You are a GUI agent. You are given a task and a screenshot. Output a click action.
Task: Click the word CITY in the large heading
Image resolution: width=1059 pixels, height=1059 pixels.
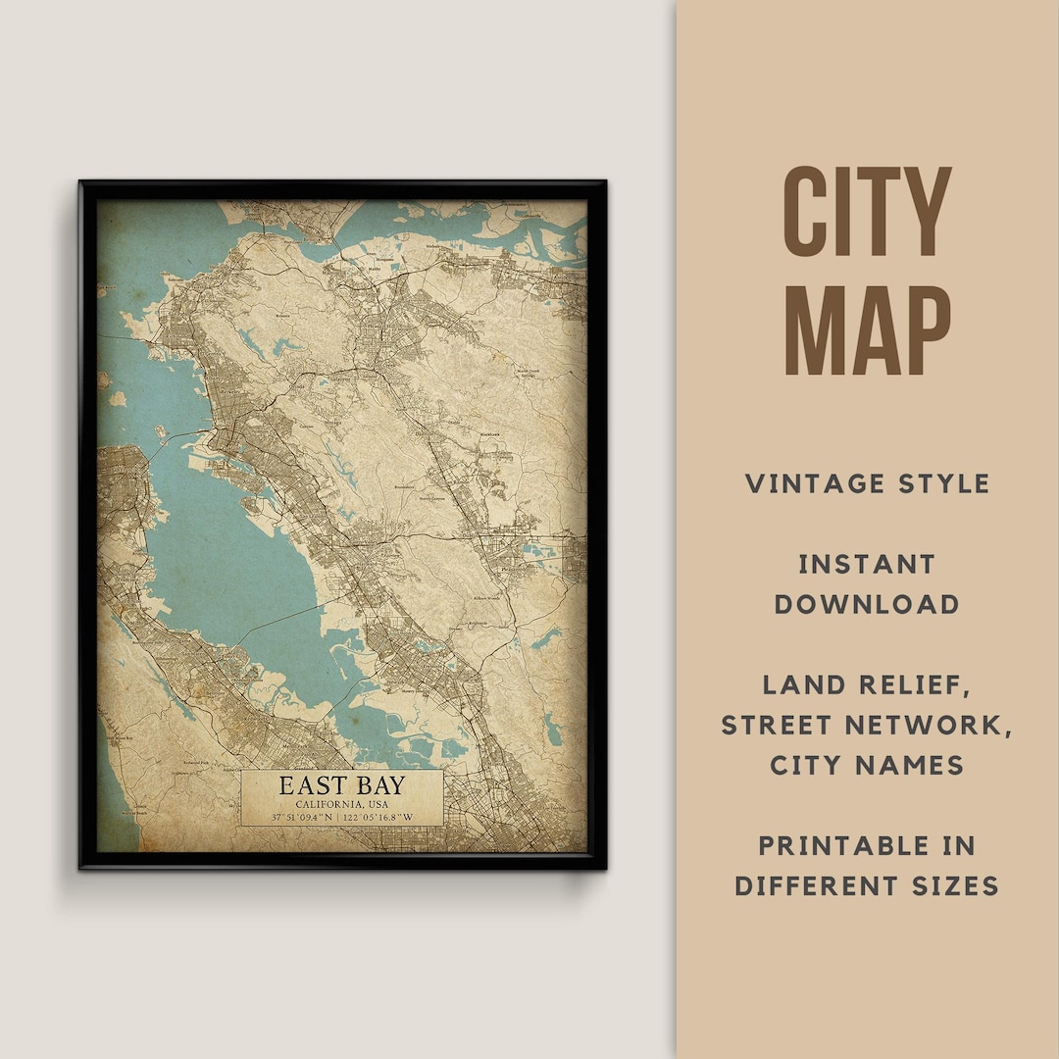click(x=867, y=213)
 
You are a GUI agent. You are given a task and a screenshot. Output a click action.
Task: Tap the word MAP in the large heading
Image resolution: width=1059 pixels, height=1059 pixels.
click(x=867, y=330)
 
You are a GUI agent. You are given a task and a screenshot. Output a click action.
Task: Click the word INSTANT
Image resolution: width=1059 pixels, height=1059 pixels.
click(x=867, y=564)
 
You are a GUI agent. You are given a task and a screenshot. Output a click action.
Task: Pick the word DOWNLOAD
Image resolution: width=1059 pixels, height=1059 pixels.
click(x=867, y=604)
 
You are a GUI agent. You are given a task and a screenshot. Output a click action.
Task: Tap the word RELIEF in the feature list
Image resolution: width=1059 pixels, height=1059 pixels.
click(x=919, y=684)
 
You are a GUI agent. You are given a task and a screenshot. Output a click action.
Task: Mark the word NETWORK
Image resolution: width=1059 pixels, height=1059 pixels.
click(x=933, y=725)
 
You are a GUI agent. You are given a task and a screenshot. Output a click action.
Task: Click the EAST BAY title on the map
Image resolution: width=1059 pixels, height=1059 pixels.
click(x=341, y=785)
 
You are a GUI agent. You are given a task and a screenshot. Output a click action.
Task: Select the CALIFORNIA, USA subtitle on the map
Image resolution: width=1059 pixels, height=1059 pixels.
click(x=341, y=805)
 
